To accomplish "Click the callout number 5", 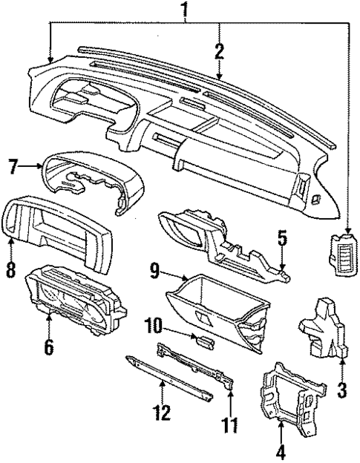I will [282, 238].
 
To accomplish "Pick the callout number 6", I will [48, 346].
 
